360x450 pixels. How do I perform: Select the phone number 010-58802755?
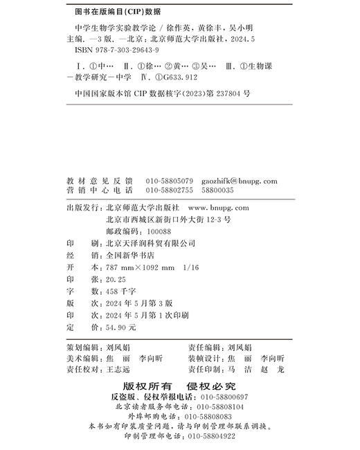(x=170, y=190)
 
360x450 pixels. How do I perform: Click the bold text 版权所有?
(x=145, y=386)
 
